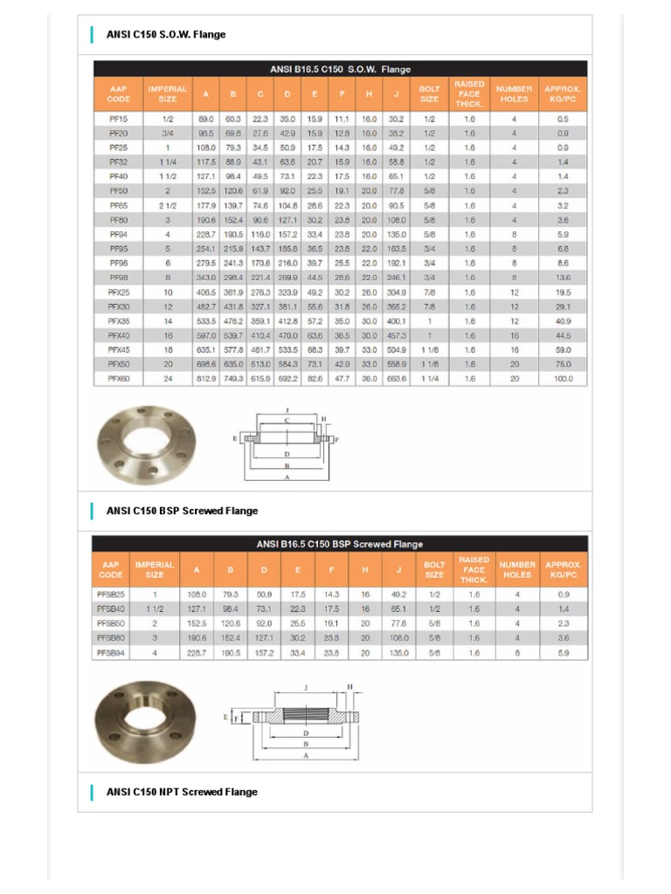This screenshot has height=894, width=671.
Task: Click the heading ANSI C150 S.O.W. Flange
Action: pyautogui.click(x=165, y=35)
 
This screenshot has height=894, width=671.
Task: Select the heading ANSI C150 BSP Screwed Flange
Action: pyautogui.click(x=182, y=511)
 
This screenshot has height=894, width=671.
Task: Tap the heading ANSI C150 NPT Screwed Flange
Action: pyautogui.click(x=182, y=792)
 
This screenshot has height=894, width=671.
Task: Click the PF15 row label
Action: pyautogui.click(x=119, y=118)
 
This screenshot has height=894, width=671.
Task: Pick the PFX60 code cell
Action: pyautogui.click(x=119, y=378)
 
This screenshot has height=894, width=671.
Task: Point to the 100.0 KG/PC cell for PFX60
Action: pyautogui.click(x=563, y=378)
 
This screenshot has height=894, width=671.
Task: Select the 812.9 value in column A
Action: pyautogui.click(x=206, y=378)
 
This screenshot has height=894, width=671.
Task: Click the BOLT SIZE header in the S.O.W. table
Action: pyautogui.click(x=430, y=93)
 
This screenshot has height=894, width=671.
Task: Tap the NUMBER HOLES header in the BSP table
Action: pyautogui.click(x=517, y=569)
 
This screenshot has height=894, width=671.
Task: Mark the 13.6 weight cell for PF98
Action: pyautogui.click(x=563, y=277)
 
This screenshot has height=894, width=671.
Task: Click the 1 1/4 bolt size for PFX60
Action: pyautogui.click(x=430, y=378)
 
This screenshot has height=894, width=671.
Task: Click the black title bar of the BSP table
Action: pyautogui.click(x=340, y=544)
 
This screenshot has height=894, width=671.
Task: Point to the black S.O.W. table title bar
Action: pyautogui.click(x=340, y=69)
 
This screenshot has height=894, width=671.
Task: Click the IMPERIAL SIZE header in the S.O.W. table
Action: pyautogui.click(x=167, y=93)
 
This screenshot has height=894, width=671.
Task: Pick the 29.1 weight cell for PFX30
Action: pyautogui.click(x=563, y=306)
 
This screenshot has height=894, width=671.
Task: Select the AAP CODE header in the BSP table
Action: pyautogui.click(x=111, y=569)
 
